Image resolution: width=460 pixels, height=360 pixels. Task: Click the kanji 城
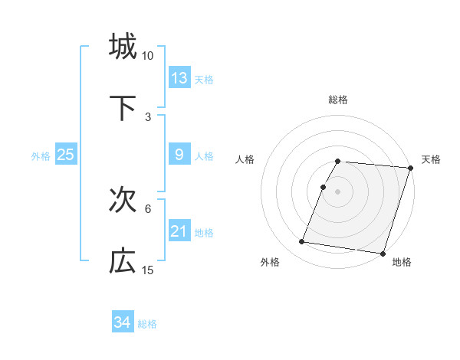click(x=123, y=46)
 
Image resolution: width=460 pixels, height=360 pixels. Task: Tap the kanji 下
click(x=123, y=108)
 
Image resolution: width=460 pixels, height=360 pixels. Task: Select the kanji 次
click(x=123, y=200)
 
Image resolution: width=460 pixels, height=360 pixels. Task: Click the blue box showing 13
click(x=179, y=77)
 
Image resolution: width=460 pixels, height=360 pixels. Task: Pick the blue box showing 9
click(x=179, y=155)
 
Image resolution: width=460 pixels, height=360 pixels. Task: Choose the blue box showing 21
click(x=179, y=231)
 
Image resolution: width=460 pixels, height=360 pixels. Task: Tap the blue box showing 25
click(x=66, y=155)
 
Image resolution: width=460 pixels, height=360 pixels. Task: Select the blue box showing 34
click(x=123, y=322)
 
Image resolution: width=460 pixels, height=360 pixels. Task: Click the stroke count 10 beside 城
click(x=148, y=56)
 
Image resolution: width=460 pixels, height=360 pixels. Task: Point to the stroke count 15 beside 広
click(x=148, y=270)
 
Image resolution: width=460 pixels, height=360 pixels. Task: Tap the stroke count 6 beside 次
click(x=148, y=208)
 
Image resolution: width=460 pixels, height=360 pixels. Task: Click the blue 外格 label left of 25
click(x=41, y=156)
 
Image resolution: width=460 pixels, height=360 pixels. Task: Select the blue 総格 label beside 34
click(x=147, y=324)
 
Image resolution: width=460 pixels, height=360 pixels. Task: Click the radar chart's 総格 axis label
click(x=338, y=100)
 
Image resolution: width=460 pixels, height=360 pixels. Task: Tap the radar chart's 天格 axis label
click(x=431, y=159)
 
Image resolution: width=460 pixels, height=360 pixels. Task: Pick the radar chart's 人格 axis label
click(x=245, y=159)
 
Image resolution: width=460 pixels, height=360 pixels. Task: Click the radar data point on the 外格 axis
click(x=302, y=242)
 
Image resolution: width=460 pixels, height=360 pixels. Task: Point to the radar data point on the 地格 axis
click(x=383, y=253)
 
